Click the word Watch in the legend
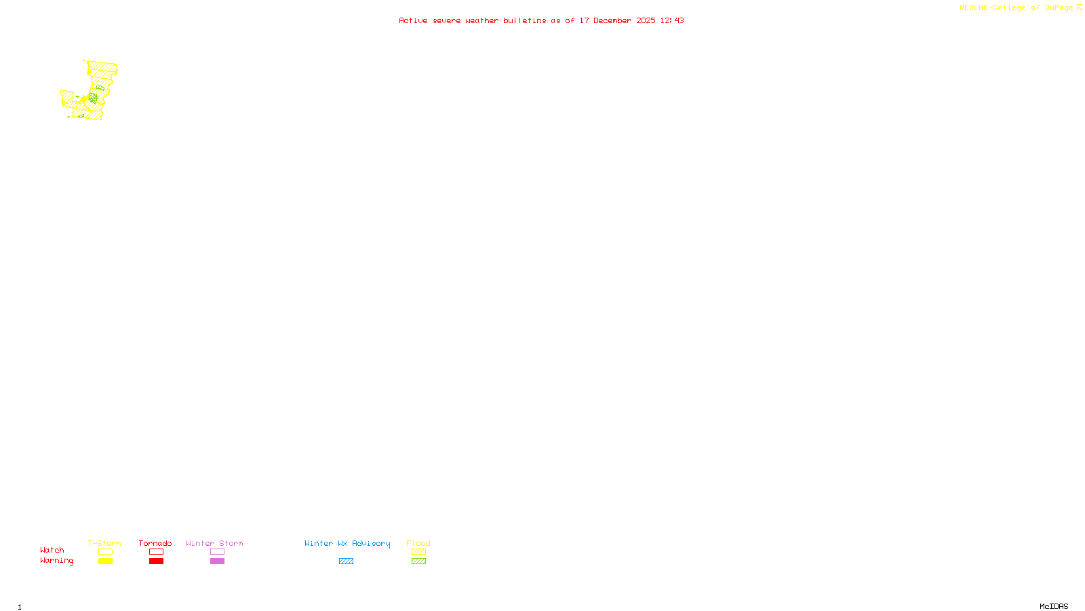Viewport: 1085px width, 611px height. point(52,551)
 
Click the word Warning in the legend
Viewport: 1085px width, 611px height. point(56,561)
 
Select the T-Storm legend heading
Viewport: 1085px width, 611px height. point(104,543)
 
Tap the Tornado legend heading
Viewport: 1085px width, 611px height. point(155,543)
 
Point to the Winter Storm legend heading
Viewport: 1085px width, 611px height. point(214,543)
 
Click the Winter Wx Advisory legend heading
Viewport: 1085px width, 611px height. point(347,543)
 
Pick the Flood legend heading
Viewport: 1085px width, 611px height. point(418,543)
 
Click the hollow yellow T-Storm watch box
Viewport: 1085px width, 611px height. point(105,552)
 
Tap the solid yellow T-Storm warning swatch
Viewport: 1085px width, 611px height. point(105,561)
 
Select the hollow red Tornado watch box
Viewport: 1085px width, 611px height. point(156,552)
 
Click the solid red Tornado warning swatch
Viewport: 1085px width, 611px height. point(156,561)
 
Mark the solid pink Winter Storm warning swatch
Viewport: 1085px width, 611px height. point(217,561)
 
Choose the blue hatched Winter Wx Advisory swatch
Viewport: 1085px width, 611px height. point(346,561)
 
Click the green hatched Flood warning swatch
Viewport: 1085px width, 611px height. point(418,561)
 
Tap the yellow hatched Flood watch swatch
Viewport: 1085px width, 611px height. point(418,552)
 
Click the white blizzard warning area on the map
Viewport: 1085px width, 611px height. point(114,84)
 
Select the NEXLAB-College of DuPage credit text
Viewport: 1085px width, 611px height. point(1017,8)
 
